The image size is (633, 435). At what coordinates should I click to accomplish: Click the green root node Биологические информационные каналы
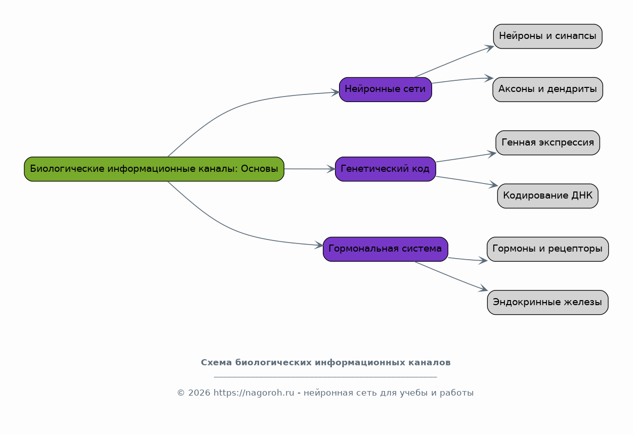pyautogui.click(x=154, y=169)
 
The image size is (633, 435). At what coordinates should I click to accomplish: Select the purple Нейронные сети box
pyautogui.click(x=386, y=89)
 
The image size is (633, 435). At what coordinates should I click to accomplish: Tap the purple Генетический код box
pyautogui.click(x=386, y=169)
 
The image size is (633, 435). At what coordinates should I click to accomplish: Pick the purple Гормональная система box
pyautogui.click(x=386, y=249)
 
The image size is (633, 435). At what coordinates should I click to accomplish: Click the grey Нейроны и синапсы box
pyautogui.click(x=547, y=36)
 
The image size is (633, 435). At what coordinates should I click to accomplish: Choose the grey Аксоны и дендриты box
pyautogui.click(x=547, y=89)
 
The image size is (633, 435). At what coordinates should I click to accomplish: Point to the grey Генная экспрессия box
pyautogui.click(x=547, y=143)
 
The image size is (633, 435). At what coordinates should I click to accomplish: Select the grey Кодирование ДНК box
pyautogui.click(x=547, y=196)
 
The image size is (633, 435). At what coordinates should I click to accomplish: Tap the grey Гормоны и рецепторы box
pyautogui.click(x=547, y=249)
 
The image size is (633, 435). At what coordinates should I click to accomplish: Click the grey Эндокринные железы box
pyautogui.click(x=547, y=303)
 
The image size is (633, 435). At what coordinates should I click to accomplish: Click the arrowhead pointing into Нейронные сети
pyautogui.click(x=335, y=92)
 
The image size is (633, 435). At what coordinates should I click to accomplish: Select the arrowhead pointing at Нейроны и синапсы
pyautogui.click(x=489, y=48)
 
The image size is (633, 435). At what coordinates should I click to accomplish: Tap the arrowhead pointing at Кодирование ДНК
pyautogui.click(x=493, y=184)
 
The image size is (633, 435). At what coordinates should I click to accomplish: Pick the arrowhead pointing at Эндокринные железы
pyautogui.click(x=483, y=288)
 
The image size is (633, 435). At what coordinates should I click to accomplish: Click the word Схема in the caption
pyautogui.click(x=216, y=363)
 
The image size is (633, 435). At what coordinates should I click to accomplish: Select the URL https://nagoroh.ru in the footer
pyautogui.click(x=254, y=393)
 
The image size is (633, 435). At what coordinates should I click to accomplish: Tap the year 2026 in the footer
pyautogui.click(x=199, y=393)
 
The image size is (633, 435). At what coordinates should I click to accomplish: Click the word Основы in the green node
pyautogui.click(x=260, y=169)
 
